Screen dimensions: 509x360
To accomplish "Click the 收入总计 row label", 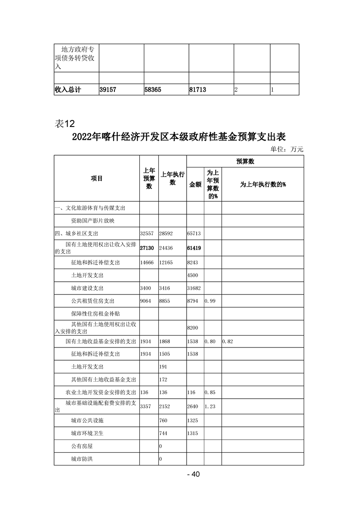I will click(68, 90).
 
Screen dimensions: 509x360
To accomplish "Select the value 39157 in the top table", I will click(108, 90).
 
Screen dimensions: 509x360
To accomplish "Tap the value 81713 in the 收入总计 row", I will click(197, 90).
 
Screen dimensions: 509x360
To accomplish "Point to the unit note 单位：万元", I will click(286, 149).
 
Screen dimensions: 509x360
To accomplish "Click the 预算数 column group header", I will click(245, 161).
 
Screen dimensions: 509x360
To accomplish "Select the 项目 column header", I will click(97, 179).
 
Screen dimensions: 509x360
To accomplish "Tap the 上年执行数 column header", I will click(173, 179).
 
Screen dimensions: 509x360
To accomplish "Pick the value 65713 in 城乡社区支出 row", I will click(194, 234).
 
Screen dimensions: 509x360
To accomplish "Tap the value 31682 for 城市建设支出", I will click(194, 289).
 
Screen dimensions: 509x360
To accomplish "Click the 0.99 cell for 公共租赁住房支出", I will click(210, 301).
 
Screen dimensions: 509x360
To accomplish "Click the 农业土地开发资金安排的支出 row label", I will click(100, 392).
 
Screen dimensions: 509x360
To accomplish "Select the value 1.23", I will click(210, 407).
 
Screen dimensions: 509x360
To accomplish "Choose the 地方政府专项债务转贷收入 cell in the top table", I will click(75, 58).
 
